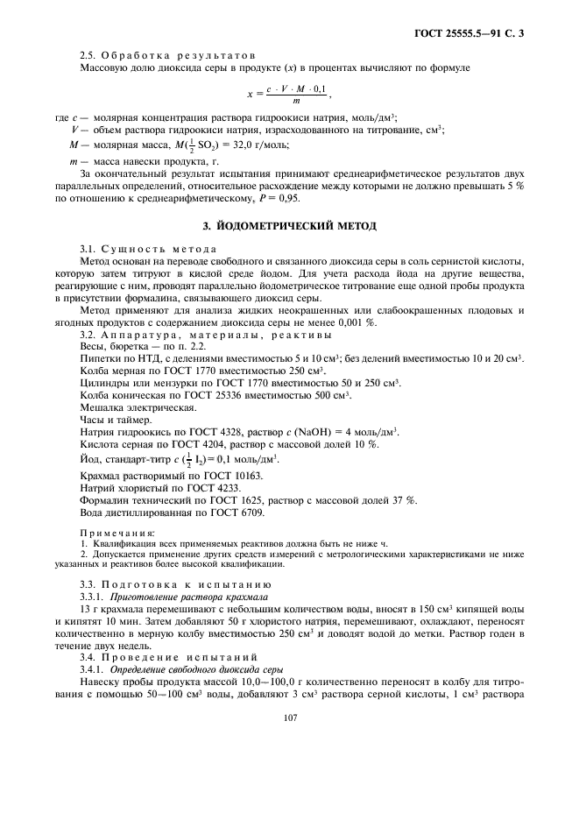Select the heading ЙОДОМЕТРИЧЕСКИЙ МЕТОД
coord(290,227)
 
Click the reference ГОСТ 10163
coord(212,476)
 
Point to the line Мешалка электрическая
coord(138,408)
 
